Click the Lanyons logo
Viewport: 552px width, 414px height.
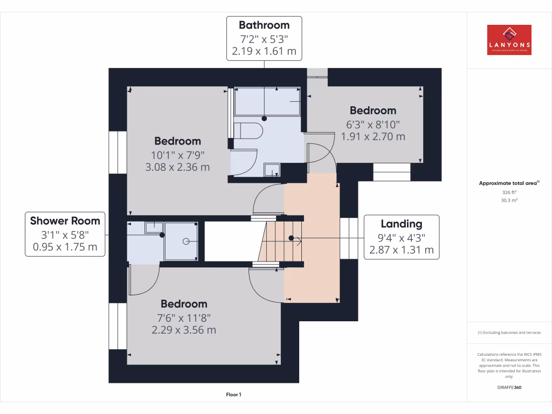point(509,40)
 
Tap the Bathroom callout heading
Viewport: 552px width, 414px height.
point(264,25)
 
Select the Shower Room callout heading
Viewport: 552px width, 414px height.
point(65,220)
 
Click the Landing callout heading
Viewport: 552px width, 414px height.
point(402,224)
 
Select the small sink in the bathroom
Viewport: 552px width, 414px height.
point(272,171)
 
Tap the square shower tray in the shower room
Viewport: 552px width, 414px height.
point(181,241)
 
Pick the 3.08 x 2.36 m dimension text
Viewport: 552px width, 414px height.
point(177,167)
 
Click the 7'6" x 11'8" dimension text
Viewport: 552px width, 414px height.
point(184,318)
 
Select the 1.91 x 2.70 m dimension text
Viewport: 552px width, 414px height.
point(373,136)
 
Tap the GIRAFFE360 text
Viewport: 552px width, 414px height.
point(509,387)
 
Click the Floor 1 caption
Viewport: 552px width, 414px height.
point(234,395)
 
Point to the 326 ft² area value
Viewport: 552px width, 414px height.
point(509,192)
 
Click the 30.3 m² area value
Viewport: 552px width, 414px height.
point(509,200)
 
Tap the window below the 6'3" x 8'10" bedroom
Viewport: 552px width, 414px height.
point(392,172)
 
